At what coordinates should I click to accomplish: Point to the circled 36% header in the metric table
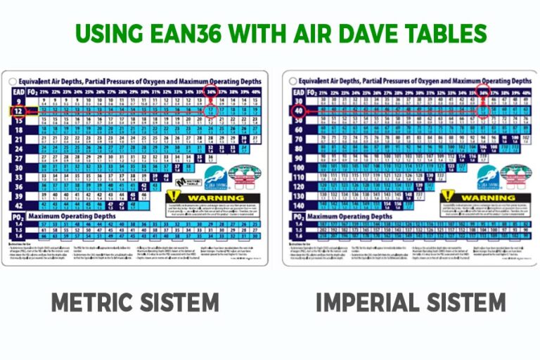(x=211, y=91)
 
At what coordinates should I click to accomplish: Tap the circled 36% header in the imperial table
(x=484, y=91)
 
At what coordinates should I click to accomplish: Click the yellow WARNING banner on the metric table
(x=212, y=198)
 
